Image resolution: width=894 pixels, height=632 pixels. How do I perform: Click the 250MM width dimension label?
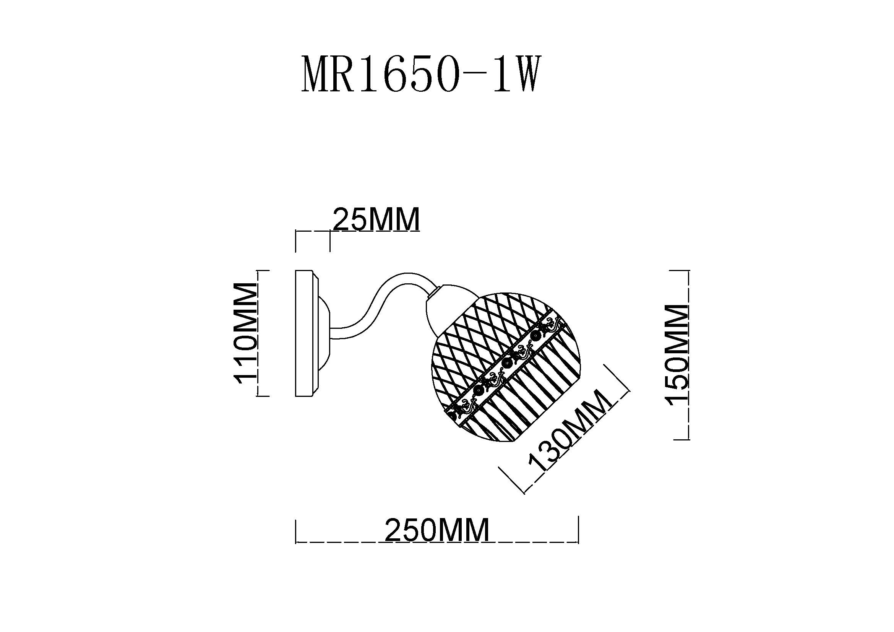pos(437,530)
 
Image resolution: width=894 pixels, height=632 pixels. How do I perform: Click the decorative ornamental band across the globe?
pos(506,369)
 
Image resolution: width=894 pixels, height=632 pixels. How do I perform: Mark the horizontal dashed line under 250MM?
pos(437,542)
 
